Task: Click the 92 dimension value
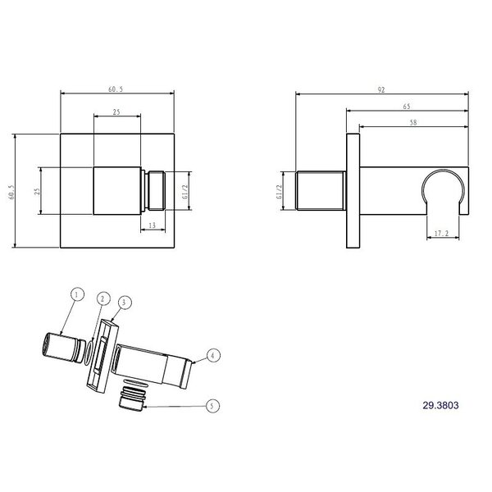(381, 89)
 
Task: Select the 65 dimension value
(407, 107)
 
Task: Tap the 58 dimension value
(413, 123)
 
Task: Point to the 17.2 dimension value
(441, 234)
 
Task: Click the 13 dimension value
(153, 225)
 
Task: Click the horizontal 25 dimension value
(116, 112)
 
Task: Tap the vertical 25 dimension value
(38, 191)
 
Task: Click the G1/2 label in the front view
(184, 192)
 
